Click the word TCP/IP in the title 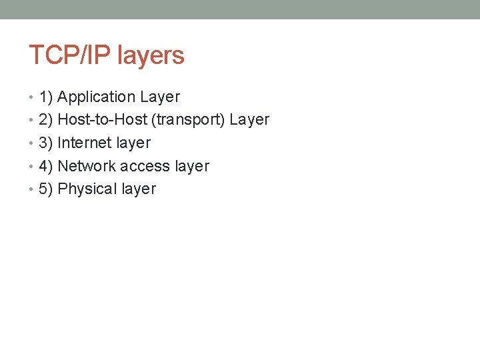coord(70,55)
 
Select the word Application coord(96,97)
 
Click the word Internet coord(85,143)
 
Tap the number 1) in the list coord(46,97)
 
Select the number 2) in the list coord(46,120)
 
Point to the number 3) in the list coord(46,143)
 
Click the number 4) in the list coord(46,166)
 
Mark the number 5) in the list coord(46,189)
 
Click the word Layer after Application coord(160,97)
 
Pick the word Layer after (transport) coord(249,121)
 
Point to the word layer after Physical coord(138,189)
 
